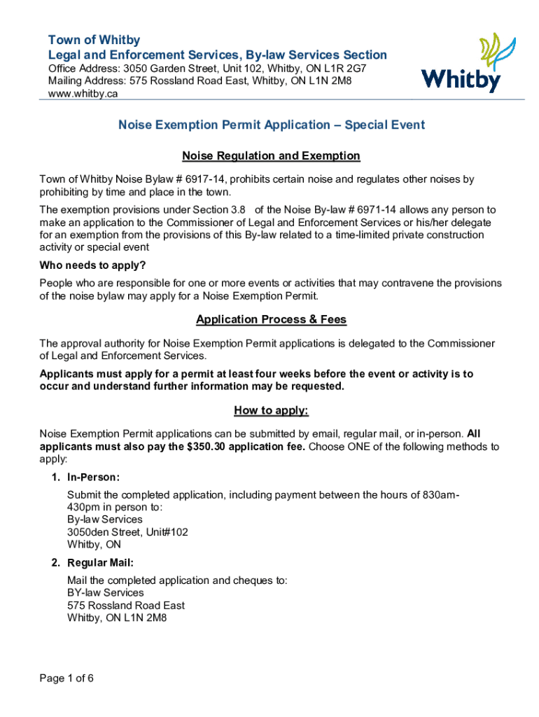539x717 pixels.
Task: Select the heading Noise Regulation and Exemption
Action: (271, 155)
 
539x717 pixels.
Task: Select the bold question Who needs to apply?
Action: (92, 265)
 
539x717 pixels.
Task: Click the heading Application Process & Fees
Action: (271, 320)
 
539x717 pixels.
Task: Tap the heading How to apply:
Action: (271, 410)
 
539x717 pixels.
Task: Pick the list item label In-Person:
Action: (94, 478)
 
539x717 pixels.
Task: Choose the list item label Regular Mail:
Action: (100, 563)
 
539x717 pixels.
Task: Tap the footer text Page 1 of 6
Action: (66, 678)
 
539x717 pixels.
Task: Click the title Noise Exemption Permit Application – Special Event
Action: (271, 125)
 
